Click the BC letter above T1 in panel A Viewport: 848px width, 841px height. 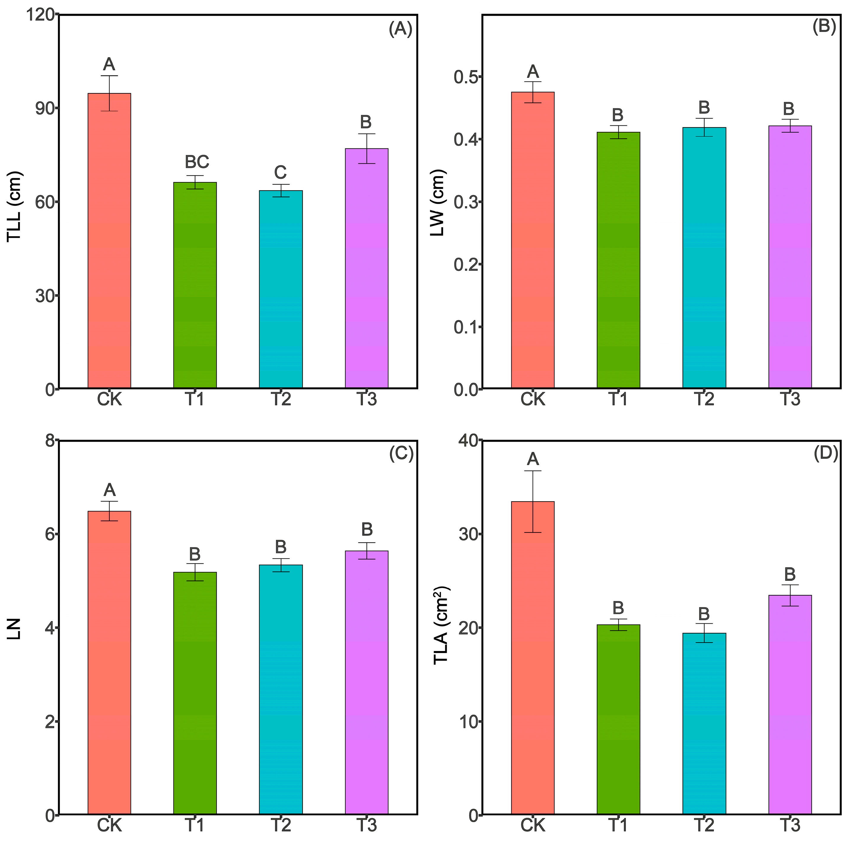click(x=197, y=162)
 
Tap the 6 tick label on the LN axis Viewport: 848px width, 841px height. click(x=50, y=534)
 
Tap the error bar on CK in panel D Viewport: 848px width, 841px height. click(x=533, y=502)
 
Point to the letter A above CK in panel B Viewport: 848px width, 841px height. click(x=532, y=71)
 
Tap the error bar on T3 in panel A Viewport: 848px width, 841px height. click(x=366, y=148)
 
